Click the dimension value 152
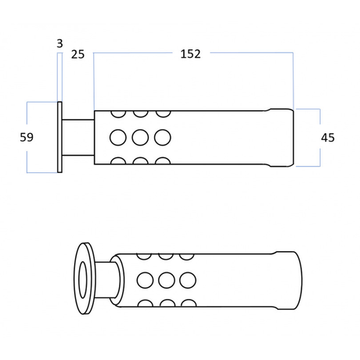click(190, 54)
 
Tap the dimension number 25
click(77, 55)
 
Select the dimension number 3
click(59, 44)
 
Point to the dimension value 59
click(27, 137)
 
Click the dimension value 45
click(328, 138)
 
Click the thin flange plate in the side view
click(59, 137)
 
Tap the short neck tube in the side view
click(78, 138)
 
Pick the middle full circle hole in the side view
click(140, 138)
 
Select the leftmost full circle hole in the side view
click(118, 138)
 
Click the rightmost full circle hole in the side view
click(163, 138)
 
